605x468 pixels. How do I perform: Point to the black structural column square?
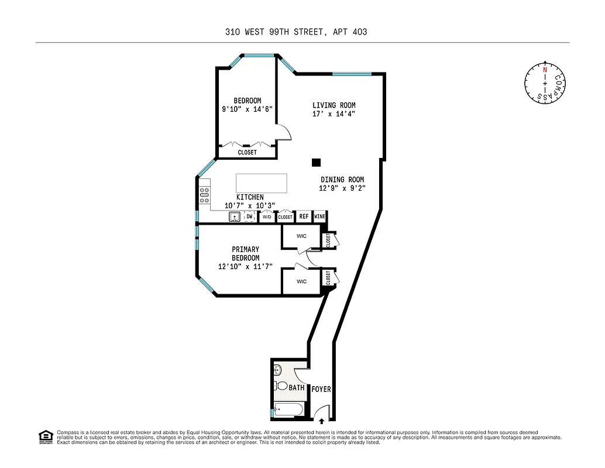pyautogui.click(x=317, y=163)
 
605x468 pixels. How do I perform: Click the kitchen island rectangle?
pyautogui.click(x=262, y=183)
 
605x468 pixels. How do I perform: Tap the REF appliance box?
pyautogui.click(x=303, y=216)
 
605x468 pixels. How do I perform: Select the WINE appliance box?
pyautogui.click(x=319, y=216)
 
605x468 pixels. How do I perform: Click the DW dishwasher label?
pyautogui.click(x=249, y=216)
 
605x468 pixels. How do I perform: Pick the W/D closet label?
pyautogui.click(x=267, y=217)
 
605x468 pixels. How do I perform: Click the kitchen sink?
pyautogui.click(x=235, y=217)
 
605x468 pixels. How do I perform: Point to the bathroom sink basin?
pyautogui.click(x=277, y=370)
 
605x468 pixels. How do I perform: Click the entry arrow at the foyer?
pyautogui.click(x=321, y=419)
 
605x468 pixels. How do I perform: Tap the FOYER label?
pyautogui.click(x=321, y=388)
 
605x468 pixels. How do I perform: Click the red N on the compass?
pyautogui.click(x=545, y=70)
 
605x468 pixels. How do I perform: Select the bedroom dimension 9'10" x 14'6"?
pyautogui.click(x=247, y=109)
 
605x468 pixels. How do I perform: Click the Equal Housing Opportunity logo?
pyautogui.click(x=44, y=436)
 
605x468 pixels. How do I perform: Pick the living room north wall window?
pyautogui.click(x=352, y=74)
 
